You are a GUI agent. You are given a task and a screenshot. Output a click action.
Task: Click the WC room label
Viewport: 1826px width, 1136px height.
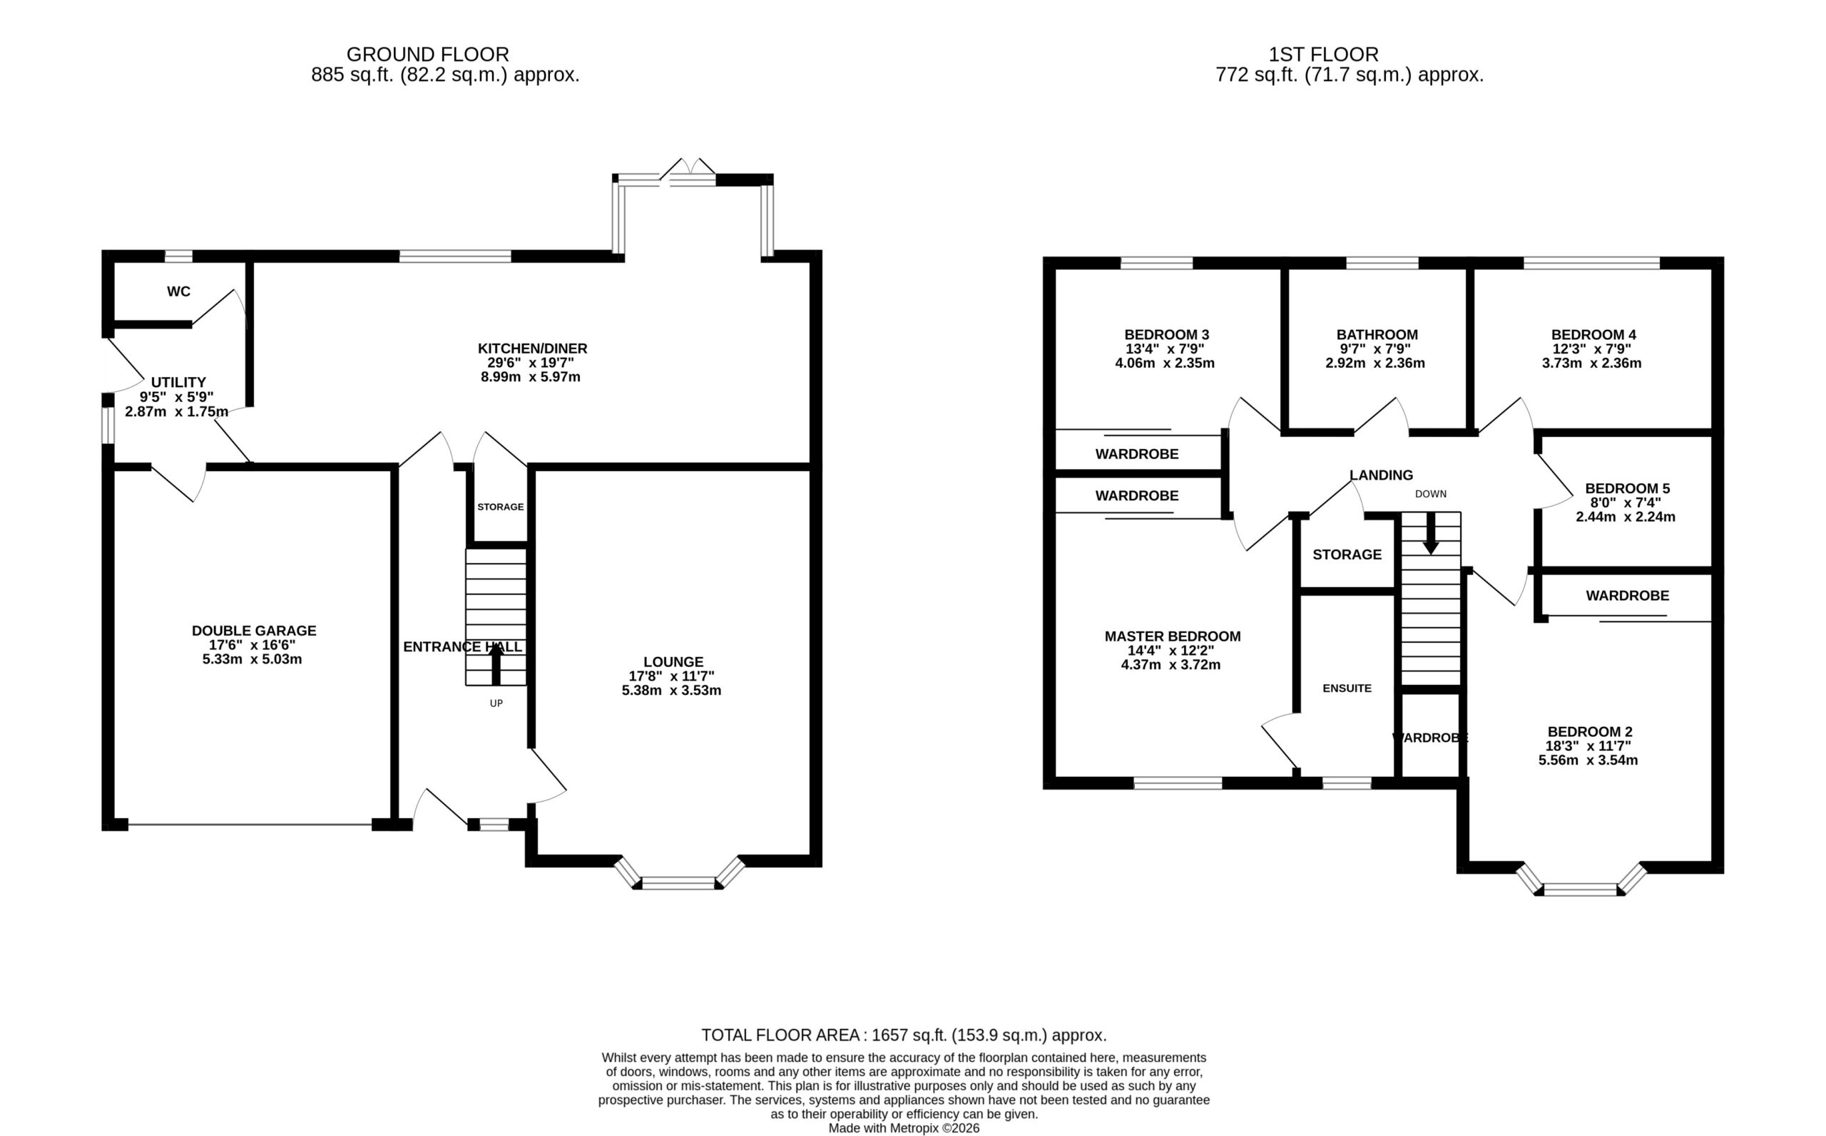coord(178,291)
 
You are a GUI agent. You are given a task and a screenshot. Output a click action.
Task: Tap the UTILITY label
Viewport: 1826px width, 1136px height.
coord(178,383)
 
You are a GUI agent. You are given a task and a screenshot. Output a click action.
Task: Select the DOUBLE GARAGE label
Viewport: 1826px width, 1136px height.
coord(254,631)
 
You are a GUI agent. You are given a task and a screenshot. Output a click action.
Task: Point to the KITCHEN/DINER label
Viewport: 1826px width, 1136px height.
coord(532,348)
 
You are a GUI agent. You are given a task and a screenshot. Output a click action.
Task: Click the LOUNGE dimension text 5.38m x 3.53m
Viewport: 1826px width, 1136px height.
coord(671,691)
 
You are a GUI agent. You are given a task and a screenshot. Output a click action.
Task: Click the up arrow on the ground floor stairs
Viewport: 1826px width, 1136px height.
coord(496,665)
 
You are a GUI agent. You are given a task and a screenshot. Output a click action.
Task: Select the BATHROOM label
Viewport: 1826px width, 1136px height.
coord(1377,335)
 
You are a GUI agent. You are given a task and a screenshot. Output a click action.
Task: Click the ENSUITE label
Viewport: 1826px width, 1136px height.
coord(1347,688)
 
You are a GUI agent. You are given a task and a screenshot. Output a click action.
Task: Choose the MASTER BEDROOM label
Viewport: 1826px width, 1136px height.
coord(1173,636)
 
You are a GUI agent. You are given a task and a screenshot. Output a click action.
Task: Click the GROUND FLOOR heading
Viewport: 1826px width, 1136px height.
coord(428,54)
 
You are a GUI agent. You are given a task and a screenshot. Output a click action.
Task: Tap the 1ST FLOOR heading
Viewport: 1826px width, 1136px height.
coord(1324,54)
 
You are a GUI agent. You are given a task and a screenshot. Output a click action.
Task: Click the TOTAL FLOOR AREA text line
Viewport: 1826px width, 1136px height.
coord(904,1036)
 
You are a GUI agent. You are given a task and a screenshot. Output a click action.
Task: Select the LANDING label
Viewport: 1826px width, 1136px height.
coord(1381,475)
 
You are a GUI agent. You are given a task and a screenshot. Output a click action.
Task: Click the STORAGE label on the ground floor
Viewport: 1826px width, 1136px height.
coord(501,507)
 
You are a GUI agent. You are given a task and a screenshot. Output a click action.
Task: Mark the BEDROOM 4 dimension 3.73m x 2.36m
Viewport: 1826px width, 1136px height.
coord(1591,363)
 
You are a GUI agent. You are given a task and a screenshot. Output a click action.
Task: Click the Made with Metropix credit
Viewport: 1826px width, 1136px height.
coord(904,1128)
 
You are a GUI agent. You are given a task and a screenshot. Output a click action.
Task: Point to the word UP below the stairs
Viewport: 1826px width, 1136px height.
coord(496,703)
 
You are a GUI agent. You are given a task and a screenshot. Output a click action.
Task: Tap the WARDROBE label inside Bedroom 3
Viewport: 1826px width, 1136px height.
coord(1137,455)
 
